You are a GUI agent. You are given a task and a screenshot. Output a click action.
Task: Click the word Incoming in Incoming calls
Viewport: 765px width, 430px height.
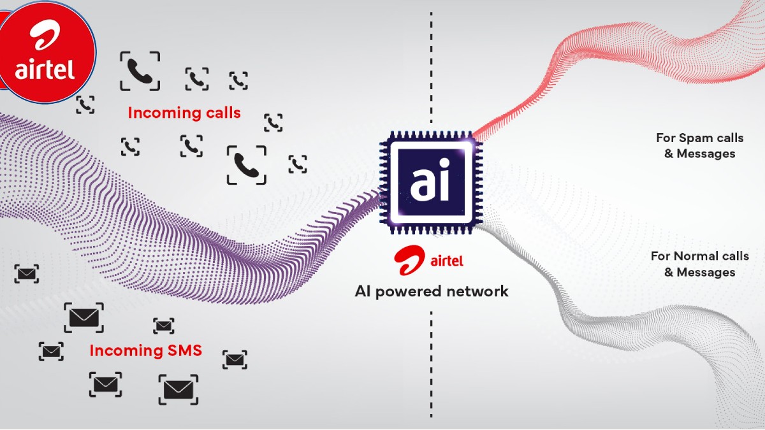click(x=156, y=113)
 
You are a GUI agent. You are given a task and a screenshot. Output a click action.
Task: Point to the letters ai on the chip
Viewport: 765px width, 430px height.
click(x=430, y=181)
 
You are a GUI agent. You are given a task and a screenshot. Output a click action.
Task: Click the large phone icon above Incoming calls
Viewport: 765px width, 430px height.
click(x=140, y=71)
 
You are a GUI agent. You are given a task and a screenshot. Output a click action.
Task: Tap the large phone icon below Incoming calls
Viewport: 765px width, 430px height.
click(x=246, y=165)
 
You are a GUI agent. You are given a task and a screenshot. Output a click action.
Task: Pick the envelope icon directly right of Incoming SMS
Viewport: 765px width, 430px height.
click(x=235, y=359)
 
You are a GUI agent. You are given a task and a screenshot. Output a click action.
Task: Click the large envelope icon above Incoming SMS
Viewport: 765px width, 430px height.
click(x=84, y=317)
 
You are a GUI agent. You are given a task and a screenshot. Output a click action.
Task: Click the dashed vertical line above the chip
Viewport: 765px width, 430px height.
click(x=431, y=70)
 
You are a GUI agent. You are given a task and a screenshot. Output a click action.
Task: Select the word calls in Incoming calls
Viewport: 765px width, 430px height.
click(x=221, y=113)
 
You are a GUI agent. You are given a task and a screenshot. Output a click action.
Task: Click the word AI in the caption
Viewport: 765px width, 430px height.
click(x=363, y=292)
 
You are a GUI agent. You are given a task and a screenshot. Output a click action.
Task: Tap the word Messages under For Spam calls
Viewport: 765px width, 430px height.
click(x=706, y=154)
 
